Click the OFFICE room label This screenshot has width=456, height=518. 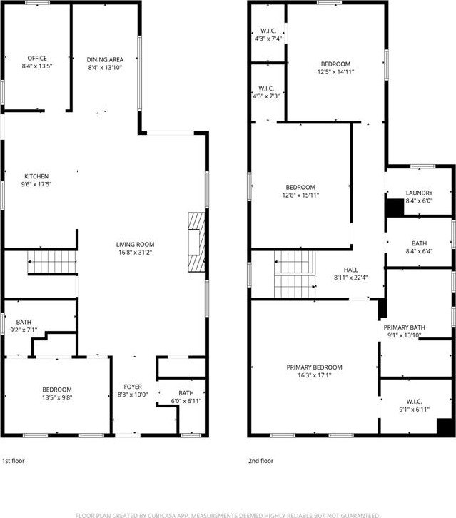tap(37, 58)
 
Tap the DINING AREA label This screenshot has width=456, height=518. tap(105, 59)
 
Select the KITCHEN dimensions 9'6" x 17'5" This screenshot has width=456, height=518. tap(36, 184)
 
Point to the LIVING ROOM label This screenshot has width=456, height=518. tap(135, 245)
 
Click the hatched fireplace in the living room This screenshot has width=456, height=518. tap(196, 242)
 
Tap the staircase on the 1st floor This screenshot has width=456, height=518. tap(52, 262)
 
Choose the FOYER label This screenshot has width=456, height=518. tap(133, 387)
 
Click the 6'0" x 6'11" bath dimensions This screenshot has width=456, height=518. tap(186, 401)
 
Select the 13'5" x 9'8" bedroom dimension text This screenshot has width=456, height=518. tap(57, 397)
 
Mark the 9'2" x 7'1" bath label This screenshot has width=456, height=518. tap(24, 322)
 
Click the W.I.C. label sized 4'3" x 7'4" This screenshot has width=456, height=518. tap(268, 31)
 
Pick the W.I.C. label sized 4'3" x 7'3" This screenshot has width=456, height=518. tap(266, 88)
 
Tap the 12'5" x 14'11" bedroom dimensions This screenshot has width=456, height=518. tap(335, 71)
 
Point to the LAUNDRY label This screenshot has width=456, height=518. tap(420, 193)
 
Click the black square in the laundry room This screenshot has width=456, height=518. tap(395, 208)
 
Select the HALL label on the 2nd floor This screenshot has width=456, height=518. tap(350, 270)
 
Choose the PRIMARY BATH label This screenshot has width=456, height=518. tap(404, 327)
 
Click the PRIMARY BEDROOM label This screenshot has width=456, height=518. tap(314, 367)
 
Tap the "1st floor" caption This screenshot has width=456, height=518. tap(14, 461)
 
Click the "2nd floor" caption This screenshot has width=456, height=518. tap(260, 461)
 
